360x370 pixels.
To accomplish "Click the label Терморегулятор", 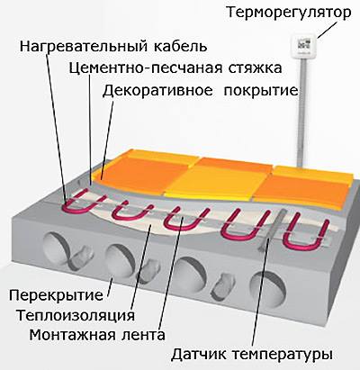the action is point(288,14).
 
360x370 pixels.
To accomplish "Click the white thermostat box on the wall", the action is point(303,46).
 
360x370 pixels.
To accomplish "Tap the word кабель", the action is point(181,46).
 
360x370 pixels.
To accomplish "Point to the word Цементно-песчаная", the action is point(146,68).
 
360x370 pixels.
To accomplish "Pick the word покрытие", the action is point(261,91).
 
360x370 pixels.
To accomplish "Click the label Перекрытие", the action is point(56,295).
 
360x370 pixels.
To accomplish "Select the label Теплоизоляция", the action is point(76,315).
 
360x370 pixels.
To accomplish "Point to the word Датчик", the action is point(199,355).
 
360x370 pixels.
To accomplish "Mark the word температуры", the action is point(283,356).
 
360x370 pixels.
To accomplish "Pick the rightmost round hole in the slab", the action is point(268,288).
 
